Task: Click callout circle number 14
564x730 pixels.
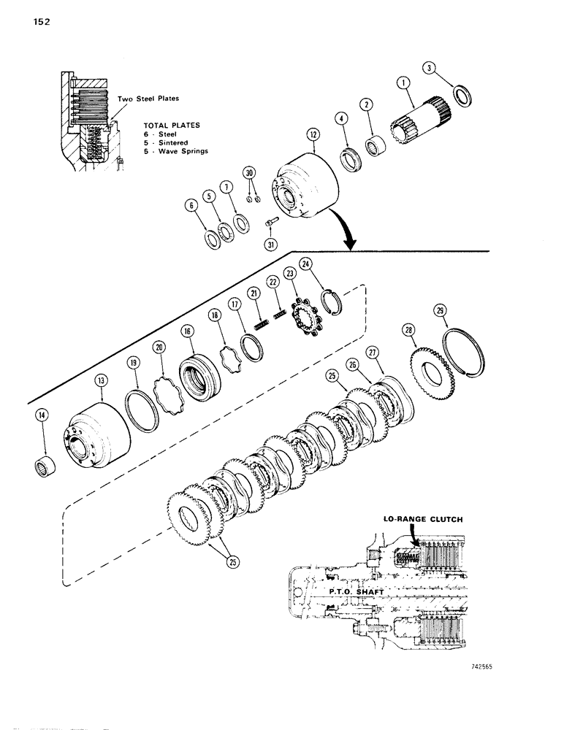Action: pyautogui.click(x=43, y=416)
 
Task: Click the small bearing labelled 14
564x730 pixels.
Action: pyautogui.click(x=46, y=465)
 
